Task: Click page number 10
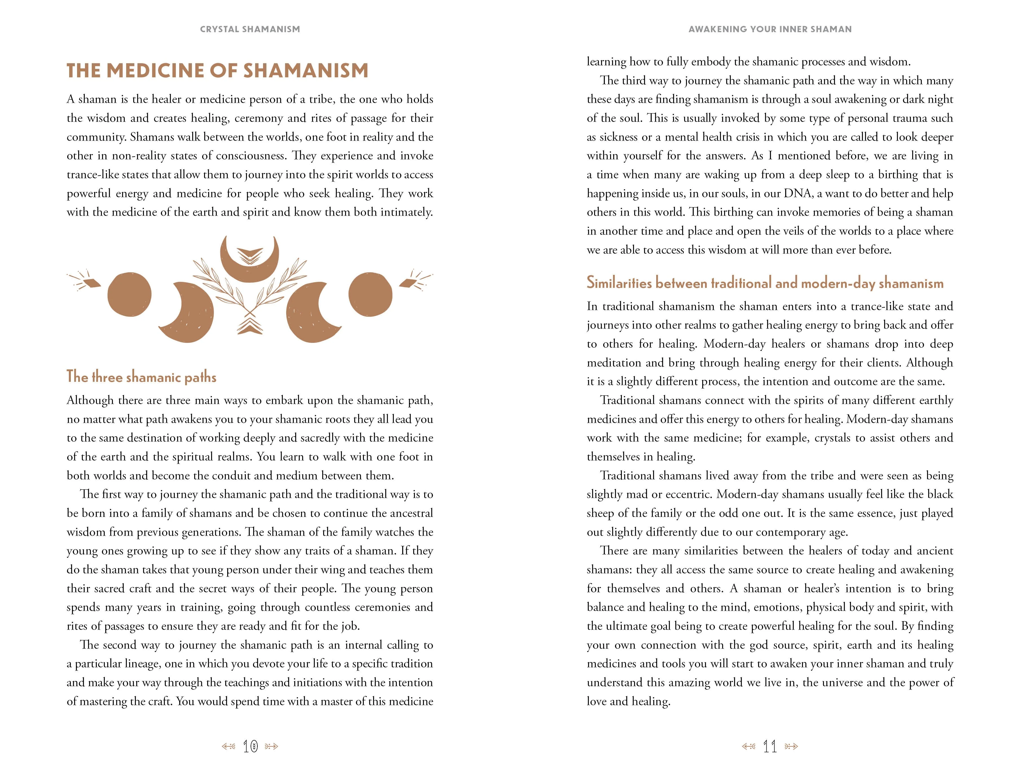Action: tap(250, 746)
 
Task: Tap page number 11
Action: tap(770, 746)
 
